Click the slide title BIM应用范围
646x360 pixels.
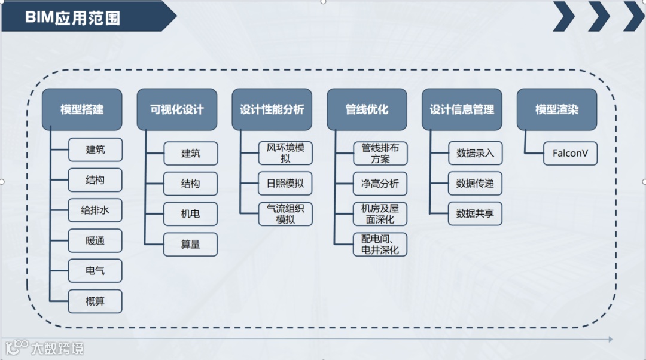click(x=72, y=17)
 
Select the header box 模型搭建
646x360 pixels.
click(x=82, y=109)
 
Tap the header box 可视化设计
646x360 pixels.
click(x=177, y=109)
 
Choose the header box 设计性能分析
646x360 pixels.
click(x=272, y=109)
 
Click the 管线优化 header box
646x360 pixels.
click(x=367, y=109)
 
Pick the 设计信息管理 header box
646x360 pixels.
click(x=462, y=109)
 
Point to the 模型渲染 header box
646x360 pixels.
click(x=557, y=109)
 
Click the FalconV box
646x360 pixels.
click(x=570, y=153)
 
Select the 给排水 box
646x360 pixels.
click(x=95, y=210)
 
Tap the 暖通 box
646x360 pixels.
click(x=95, y=240)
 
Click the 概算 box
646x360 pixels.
click(x=95, y=301)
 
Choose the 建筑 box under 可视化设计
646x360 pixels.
click(x=190, y=153)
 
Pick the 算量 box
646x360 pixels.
click(x=190, y=244)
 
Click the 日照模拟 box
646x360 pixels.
click(x=285, y=184)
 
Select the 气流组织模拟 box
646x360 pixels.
click(x=285, y=214)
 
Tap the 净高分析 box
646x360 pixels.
click(x=380, y=184)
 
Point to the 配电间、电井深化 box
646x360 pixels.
click(x=380, y=244)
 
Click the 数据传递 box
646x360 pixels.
click(x=475, y=184)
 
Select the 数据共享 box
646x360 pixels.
click(x=475, y=214)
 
